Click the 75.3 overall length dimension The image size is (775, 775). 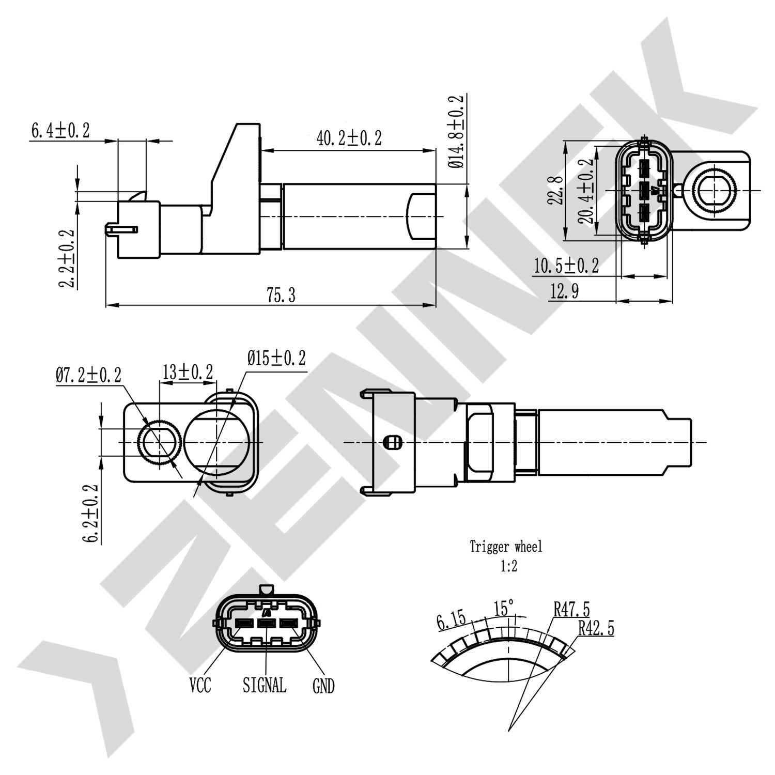(281, 295)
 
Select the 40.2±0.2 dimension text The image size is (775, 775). (349, 138)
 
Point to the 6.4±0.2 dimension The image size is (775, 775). (60, 130)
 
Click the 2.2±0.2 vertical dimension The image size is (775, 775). (67, 258)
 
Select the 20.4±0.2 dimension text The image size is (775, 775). (586, 191)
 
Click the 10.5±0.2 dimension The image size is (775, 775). (566, 266)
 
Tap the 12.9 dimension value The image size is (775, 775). (564, 292)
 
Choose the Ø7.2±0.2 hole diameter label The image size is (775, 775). (88, 375)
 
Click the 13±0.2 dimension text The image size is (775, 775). (188, 372)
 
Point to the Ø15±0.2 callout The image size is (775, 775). (276, 358)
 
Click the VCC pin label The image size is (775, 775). (200, 686)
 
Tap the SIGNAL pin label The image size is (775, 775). (264, 686)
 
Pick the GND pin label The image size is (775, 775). (323, 686)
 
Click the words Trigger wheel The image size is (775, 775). (506, 547)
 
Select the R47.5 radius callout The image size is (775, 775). (571, 610)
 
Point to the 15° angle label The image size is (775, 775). (504, 608)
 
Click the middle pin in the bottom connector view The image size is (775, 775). (266, 623)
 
